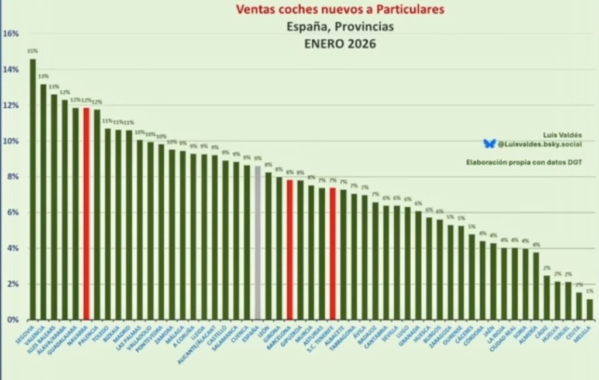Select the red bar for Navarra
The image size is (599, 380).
(x=87, y=214)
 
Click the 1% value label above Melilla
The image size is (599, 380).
(x=590, y=291)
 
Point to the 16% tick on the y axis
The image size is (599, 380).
(x=11, y=33)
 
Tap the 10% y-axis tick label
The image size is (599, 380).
(x=11, y=141)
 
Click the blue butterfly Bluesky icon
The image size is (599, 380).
(x=489, y=143)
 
